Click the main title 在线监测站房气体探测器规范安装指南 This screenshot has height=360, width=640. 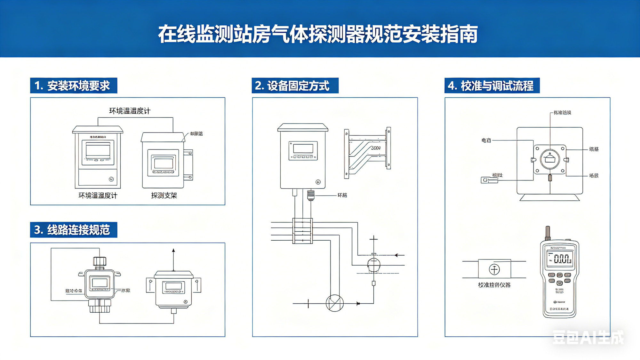(x=318, y=34)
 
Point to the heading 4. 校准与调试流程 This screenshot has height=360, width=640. (x=492, y=86)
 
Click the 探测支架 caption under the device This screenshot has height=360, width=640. (x=164, y=196)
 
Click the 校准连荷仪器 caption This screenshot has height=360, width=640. (x=494, y=285)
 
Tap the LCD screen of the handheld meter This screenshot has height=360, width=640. (x=560, y=259)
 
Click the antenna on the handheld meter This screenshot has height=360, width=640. (x=548, y=233)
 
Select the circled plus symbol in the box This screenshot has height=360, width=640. (x=494, y=269)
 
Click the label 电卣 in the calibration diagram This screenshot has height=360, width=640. (x=486, y=140)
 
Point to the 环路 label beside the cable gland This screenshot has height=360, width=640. (x=342, y=195)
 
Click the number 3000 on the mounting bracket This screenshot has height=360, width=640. (x=376, y=148)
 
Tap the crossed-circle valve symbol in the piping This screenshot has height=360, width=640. (x=335, y=303)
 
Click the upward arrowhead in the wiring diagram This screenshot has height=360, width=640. (x=173, y=251)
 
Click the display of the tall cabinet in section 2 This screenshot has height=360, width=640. (x=303, y=149)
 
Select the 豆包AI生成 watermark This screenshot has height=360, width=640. (x=588, y=337)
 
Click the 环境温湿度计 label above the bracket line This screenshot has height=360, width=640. (x=130, y=111)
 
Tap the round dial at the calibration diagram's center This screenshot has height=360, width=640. (x=550, y=159)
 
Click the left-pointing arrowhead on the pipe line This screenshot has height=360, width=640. (x=396, y=255)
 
